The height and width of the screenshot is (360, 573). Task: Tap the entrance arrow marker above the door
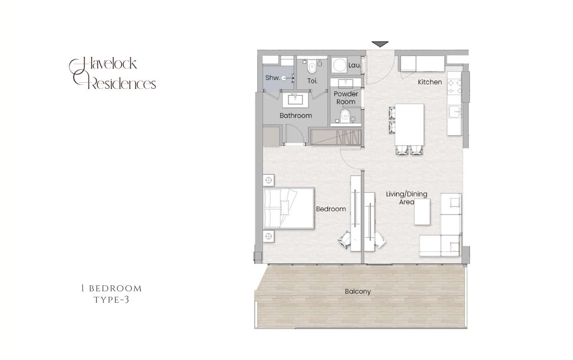point(380,44)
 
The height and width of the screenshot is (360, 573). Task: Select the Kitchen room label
point(430,82)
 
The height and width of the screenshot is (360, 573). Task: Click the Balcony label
point(358,291)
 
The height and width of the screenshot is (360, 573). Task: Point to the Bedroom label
point(331,209)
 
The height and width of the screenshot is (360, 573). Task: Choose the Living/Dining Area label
point(406,198)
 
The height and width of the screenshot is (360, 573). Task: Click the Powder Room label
point(346,98)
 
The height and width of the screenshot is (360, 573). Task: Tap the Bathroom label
point(296,116)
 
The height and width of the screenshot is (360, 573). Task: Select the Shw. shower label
point(272,77)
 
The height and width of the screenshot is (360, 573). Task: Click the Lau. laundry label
point(354,65)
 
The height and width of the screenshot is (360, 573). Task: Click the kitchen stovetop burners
point(454,87)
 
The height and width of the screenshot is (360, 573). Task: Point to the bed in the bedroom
point(289,208)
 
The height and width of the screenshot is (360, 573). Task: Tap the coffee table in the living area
point(422,212)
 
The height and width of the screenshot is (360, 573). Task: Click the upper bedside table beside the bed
point(269,180)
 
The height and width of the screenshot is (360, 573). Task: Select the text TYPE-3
point(111,300)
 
